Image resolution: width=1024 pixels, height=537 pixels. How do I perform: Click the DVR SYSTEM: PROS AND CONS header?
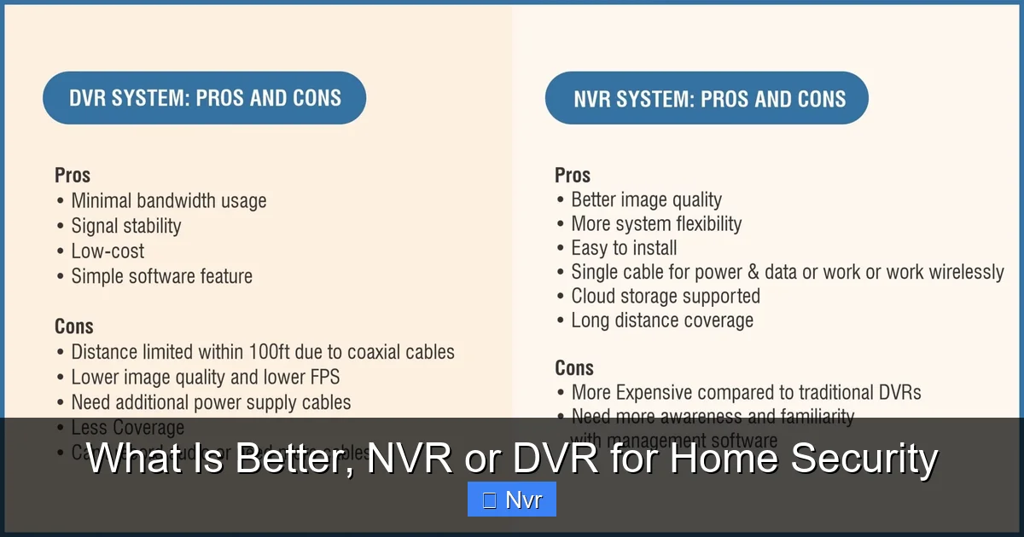click(x=205, y=98)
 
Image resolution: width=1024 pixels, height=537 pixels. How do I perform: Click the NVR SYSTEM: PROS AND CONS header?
click(x=707, y=98)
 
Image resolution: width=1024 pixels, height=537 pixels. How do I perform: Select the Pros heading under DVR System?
click(x=73, y=176)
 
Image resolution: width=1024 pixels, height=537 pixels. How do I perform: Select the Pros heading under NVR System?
click(x=573, y=176)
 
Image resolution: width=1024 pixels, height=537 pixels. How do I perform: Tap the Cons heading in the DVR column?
click(x=74, y=326)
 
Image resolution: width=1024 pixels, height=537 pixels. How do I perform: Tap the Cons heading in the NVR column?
click(x=574, y=368)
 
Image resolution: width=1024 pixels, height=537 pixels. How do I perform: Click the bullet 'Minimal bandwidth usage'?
click(x=168, y=201)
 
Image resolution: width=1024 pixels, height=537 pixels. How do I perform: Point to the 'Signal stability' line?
click(x=125, y=226)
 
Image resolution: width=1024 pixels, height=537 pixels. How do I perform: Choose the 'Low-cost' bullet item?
click(x=108, y=251)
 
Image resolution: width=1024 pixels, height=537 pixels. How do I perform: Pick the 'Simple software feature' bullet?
click(x=161, y=276)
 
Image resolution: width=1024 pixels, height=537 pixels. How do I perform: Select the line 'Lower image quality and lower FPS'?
click(x=205, y=377)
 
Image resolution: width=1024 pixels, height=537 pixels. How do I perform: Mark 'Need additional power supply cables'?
click(x=211, y=402)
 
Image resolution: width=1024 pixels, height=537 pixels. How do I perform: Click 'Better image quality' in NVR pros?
click(x=646, y=200)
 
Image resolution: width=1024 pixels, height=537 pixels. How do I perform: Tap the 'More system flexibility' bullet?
click(x=656, y=224)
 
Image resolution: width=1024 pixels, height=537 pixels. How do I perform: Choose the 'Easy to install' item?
click(x=624, y=248)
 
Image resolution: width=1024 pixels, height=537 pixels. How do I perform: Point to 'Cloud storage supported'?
click(x=665, y=297)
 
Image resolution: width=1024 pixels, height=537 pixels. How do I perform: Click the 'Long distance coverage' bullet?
click(x=662, y=320)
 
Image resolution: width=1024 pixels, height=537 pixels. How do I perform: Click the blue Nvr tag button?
click(x=512, y=499)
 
